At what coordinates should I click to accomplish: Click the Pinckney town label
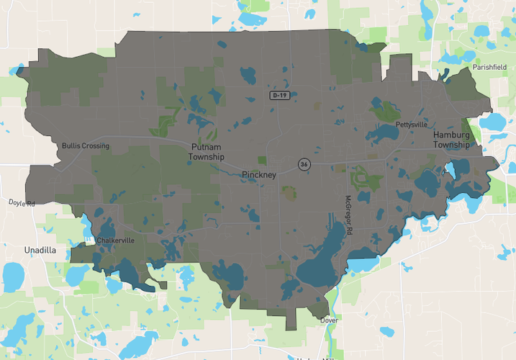(259, 175)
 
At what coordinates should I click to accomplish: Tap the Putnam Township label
(207, 152)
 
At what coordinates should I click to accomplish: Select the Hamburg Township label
(451, 140)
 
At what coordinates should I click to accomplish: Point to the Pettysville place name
(411, 125)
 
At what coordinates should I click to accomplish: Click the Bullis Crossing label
(86, 146)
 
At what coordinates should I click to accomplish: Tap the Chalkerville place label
(115, 240)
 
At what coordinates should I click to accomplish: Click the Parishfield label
(490, 67)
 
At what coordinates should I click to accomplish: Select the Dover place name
(330, 320)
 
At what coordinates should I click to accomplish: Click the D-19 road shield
(280, 95)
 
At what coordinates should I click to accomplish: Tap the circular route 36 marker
(304, 165)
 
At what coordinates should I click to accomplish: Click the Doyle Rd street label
(22, 204)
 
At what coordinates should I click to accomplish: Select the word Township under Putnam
(207, 157)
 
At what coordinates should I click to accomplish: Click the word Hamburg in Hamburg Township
(451, 135)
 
